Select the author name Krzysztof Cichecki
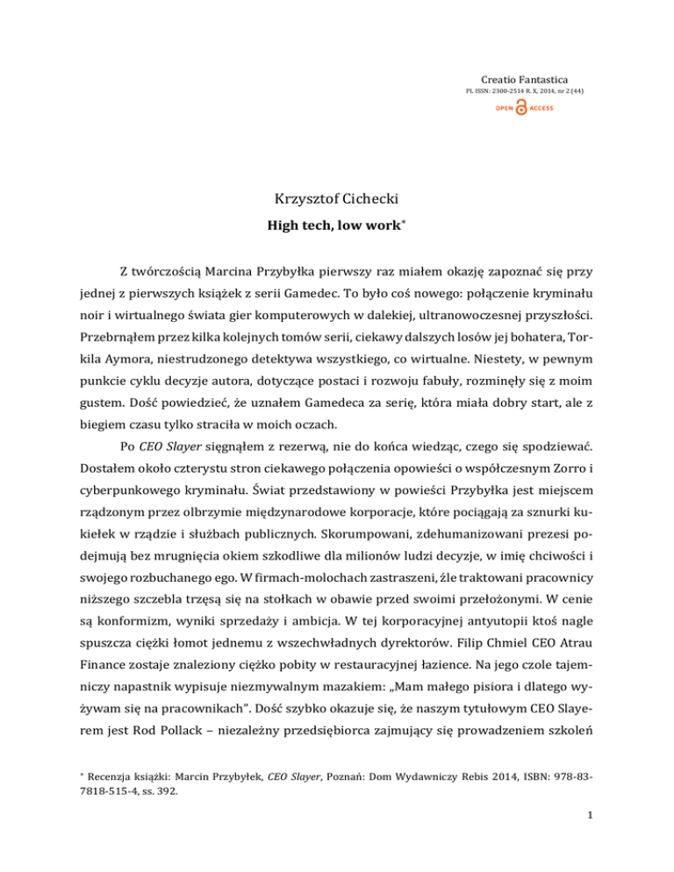pos(337,210)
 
